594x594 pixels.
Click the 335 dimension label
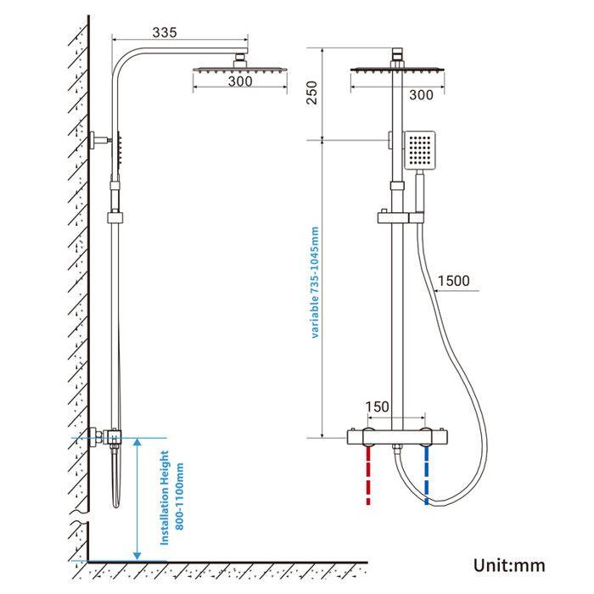[x=165, y=32]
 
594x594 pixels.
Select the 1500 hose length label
[x=454, y=281]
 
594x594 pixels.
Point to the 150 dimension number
[x=378, y=407]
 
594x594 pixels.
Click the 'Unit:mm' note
[x=509, y=565]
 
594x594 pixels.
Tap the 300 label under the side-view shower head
[x=240, y=82]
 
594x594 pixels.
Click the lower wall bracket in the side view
[x=107, y=437]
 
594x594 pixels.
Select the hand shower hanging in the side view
[x=116, y=475]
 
